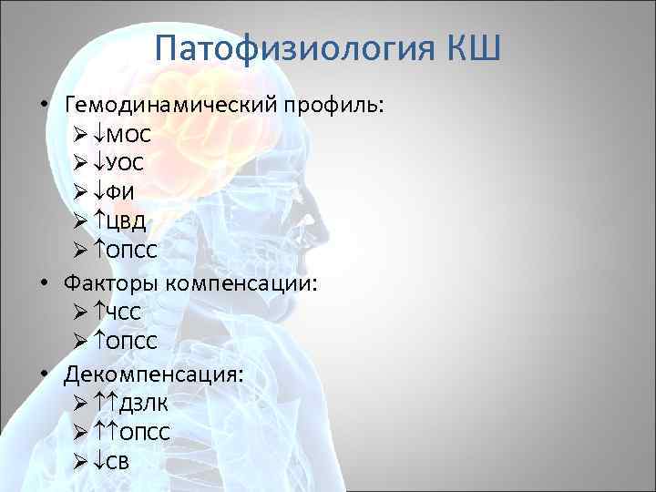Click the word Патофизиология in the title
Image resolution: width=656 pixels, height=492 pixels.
point(292,46)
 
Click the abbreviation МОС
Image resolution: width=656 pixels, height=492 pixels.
point(130,136)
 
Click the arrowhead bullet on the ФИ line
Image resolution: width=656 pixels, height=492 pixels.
point(79,194)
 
